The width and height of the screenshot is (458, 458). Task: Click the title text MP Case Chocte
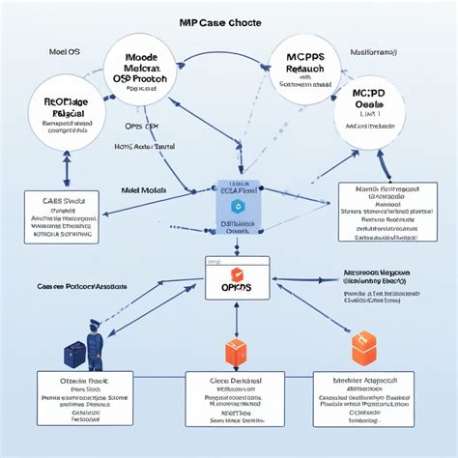(228, 21)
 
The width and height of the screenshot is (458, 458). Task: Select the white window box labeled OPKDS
(236, 282)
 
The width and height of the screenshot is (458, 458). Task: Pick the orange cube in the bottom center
(237, 353)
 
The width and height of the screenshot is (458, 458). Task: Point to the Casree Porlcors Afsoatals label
(84, 287)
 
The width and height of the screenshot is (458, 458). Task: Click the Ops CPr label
(141, 126)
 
